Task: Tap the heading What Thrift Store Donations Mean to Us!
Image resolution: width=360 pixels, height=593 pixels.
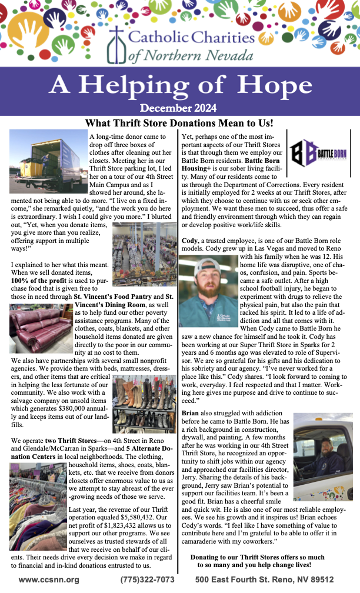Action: point(179,123)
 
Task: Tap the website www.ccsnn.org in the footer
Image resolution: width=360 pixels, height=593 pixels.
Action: point(49,579)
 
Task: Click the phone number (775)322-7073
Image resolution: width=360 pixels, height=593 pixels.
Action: point(148,579)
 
